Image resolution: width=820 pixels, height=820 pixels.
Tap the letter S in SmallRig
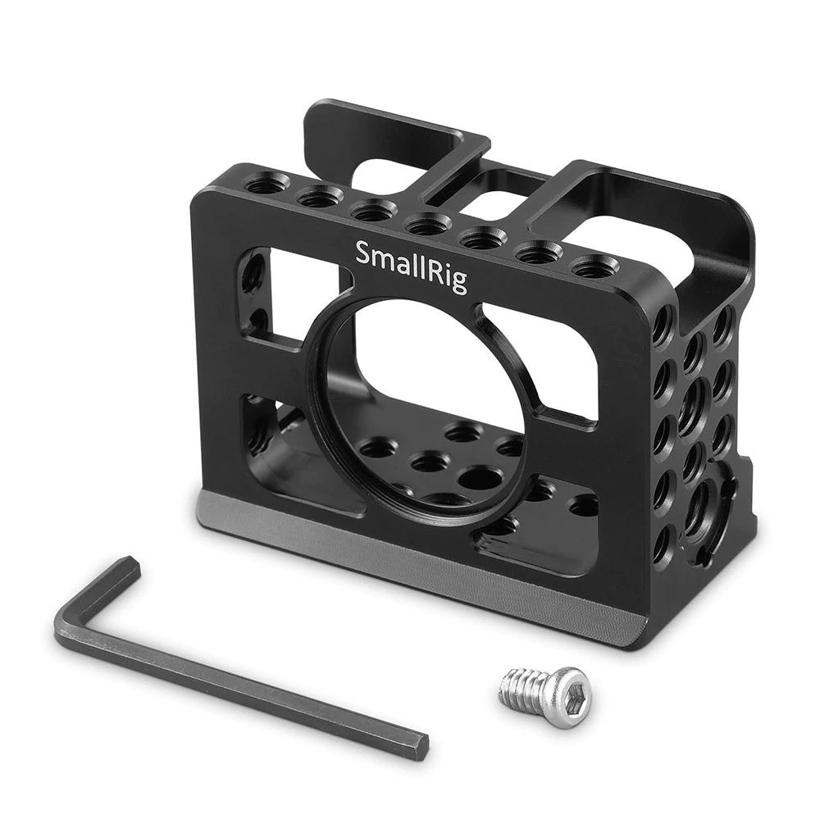pyautogui.click(x=363, y=253)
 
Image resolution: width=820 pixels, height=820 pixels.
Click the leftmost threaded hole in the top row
pyautogui.click(x=264, y=185)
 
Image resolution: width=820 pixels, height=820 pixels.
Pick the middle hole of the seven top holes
pyautogui.click(x=428, y=224)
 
